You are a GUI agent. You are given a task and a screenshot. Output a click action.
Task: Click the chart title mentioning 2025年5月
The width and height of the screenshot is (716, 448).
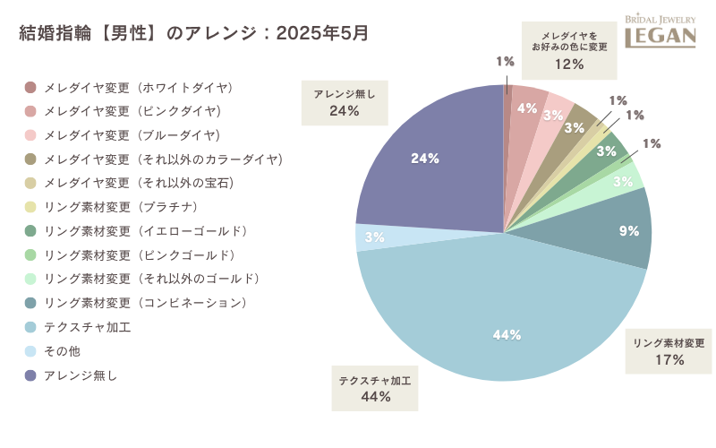point(193,33)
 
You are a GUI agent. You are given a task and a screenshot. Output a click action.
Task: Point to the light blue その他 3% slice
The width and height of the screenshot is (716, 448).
point(370,237)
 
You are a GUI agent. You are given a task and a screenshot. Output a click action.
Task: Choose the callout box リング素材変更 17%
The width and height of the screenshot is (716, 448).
point(669,351)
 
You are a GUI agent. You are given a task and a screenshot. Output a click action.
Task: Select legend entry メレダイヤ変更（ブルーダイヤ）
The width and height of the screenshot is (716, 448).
point(131,136)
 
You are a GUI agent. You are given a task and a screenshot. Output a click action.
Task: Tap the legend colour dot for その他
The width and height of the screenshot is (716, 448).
point(30,351)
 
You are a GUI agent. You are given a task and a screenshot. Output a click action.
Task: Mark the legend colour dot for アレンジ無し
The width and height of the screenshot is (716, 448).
point(30,375)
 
